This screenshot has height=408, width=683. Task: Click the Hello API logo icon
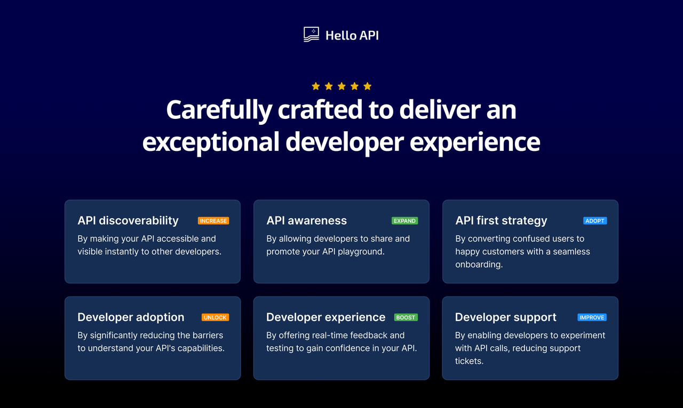tap(311, 35)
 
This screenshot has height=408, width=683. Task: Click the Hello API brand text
tap(352, 35)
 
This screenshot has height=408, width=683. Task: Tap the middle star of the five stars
tap(341, 86)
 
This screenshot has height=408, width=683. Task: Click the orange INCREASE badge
tap(213, 221)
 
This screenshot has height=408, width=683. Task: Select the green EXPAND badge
tap(404, 221)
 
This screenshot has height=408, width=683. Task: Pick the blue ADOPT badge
tap(595, 221)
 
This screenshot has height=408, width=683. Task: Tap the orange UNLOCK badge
tap(215, 317)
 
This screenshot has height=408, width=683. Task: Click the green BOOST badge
tap(406, 317)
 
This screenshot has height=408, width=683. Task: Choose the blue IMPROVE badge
tap(592, 317)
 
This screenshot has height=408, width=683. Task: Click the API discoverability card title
tap(128, 221)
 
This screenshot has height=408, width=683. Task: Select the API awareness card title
tap(306, 221)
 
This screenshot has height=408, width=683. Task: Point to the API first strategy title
tap(501, 221)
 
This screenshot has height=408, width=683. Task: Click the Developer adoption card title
tap(131, 317)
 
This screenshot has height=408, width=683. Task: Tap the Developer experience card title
tap(325, 317)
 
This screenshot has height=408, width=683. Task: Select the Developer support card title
tap(505, 317)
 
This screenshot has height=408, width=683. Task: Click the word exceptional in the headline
tap(210, 142)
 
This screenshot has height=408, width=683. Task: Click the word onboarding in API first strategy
tap(478, 265)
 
